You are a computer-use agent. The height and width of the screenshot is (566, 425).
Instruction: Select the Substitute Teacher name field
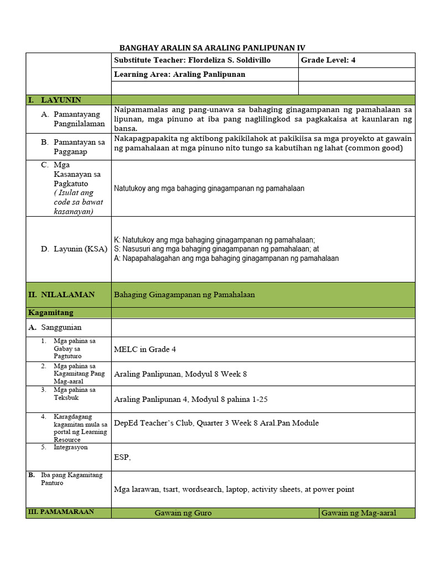click(x=192, y=60)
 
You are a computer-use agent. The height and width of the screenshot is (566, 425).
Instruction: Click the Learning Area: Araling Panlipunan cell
click(x=179, y=74)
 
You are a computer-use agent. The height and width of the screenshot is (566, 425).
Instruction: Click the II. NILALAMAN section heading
click(x=61, y=295)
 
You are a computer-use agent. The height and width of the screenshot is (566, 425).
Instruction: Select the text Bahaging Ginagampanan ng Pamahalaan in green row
click(x=184, y=295)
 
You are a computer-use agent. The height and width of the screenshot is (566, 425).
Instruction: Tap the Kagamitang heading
click(x=50, y=313)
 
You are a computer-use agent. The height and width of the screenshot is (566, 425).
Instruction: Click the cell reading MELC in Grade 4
click(x=145, y=349)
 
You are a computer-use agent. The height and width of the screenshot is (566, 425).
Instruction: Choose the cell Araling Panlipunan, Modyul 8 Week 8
click(x=180, y=374)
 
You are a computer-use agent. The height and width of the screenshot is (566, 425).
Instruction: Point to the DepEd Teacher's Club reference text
click(x=216, y=423)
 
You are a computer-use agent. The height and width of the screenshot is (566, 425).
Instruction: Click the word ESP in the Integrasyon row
click(x=121, y=457)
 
